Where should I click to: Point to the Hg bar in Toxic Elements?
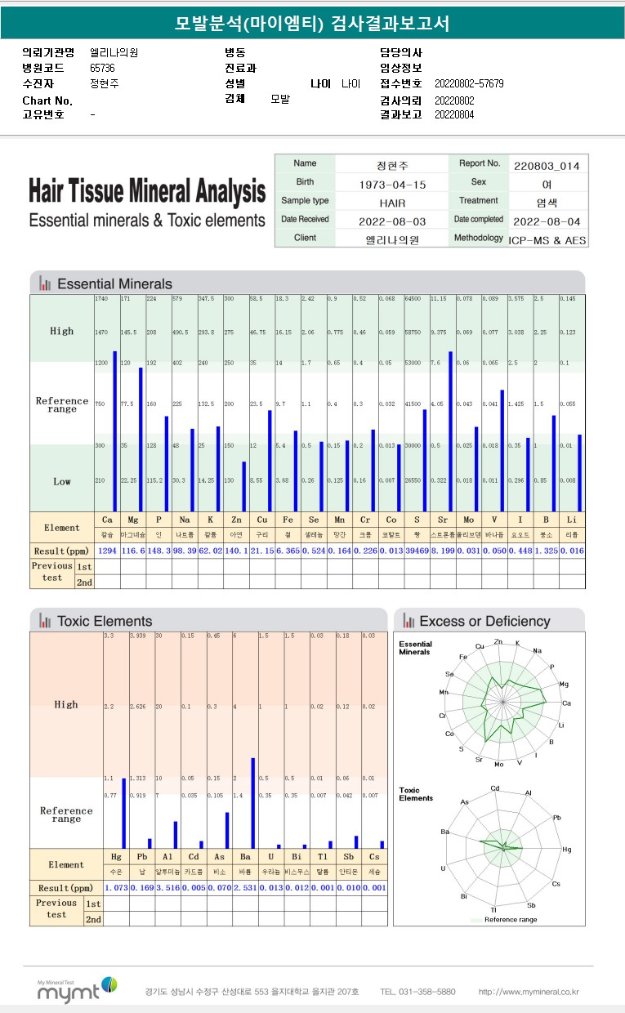pos(123,813)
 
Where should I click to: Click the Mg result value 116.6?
pos(132,551)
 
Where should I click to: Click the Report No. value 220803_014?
pos(547,165)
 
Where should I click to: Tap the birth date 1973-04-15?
pos(392,185)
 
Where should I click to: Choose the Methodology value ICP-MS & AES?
pos(547,239)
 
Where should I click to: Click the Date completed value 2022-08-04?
pos(547,221)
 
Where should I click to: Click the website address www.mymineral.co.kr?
pos(529,992)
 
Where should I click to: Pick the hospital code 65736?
pos(102,69)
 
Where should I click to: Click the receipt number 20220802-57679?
pos(469,84)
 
